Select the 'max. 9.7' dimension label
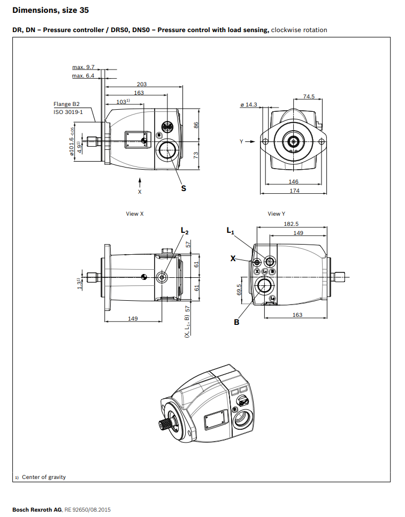click(83, 67)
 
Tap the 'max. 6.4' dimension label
click(83, 76)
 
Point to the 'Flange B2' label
click(66, 104)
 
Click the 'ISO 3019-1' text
click(68, 112)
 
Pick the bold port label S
click(184, 188)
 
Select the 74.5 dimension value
click(309, 97)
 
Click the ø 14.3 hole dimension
click(249, 104)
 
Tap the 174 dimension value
click(294, 191)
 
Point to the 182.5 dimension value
click(291, 224)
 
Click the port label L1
click(230, 231)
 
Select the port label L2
click(185, 231)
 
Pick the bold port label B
click(236, 322)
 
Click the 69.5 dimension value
click(240, 290)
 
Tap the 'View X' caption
click(135, 214)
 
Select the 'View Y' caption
click(277, 214)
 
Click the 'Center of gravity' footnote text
click(44, 477)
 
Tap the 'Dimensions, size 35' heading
click(50, 10)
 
